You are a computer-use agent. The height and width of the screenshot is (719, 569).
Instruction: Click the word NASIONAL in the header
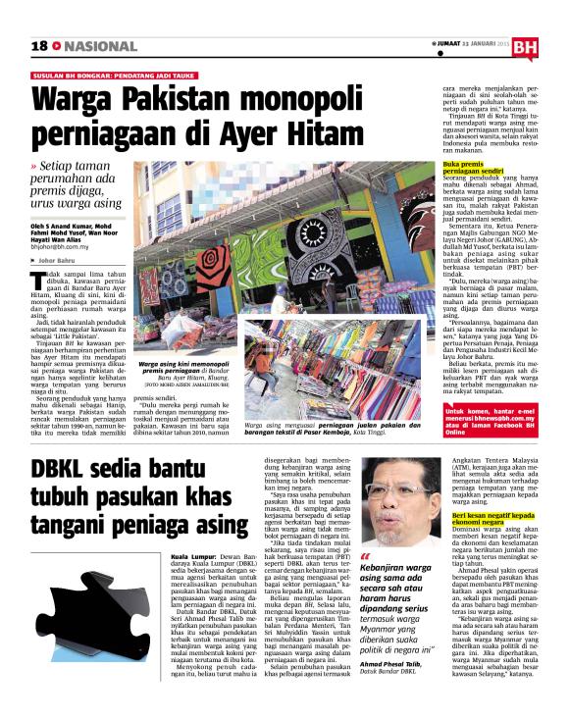95,46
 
